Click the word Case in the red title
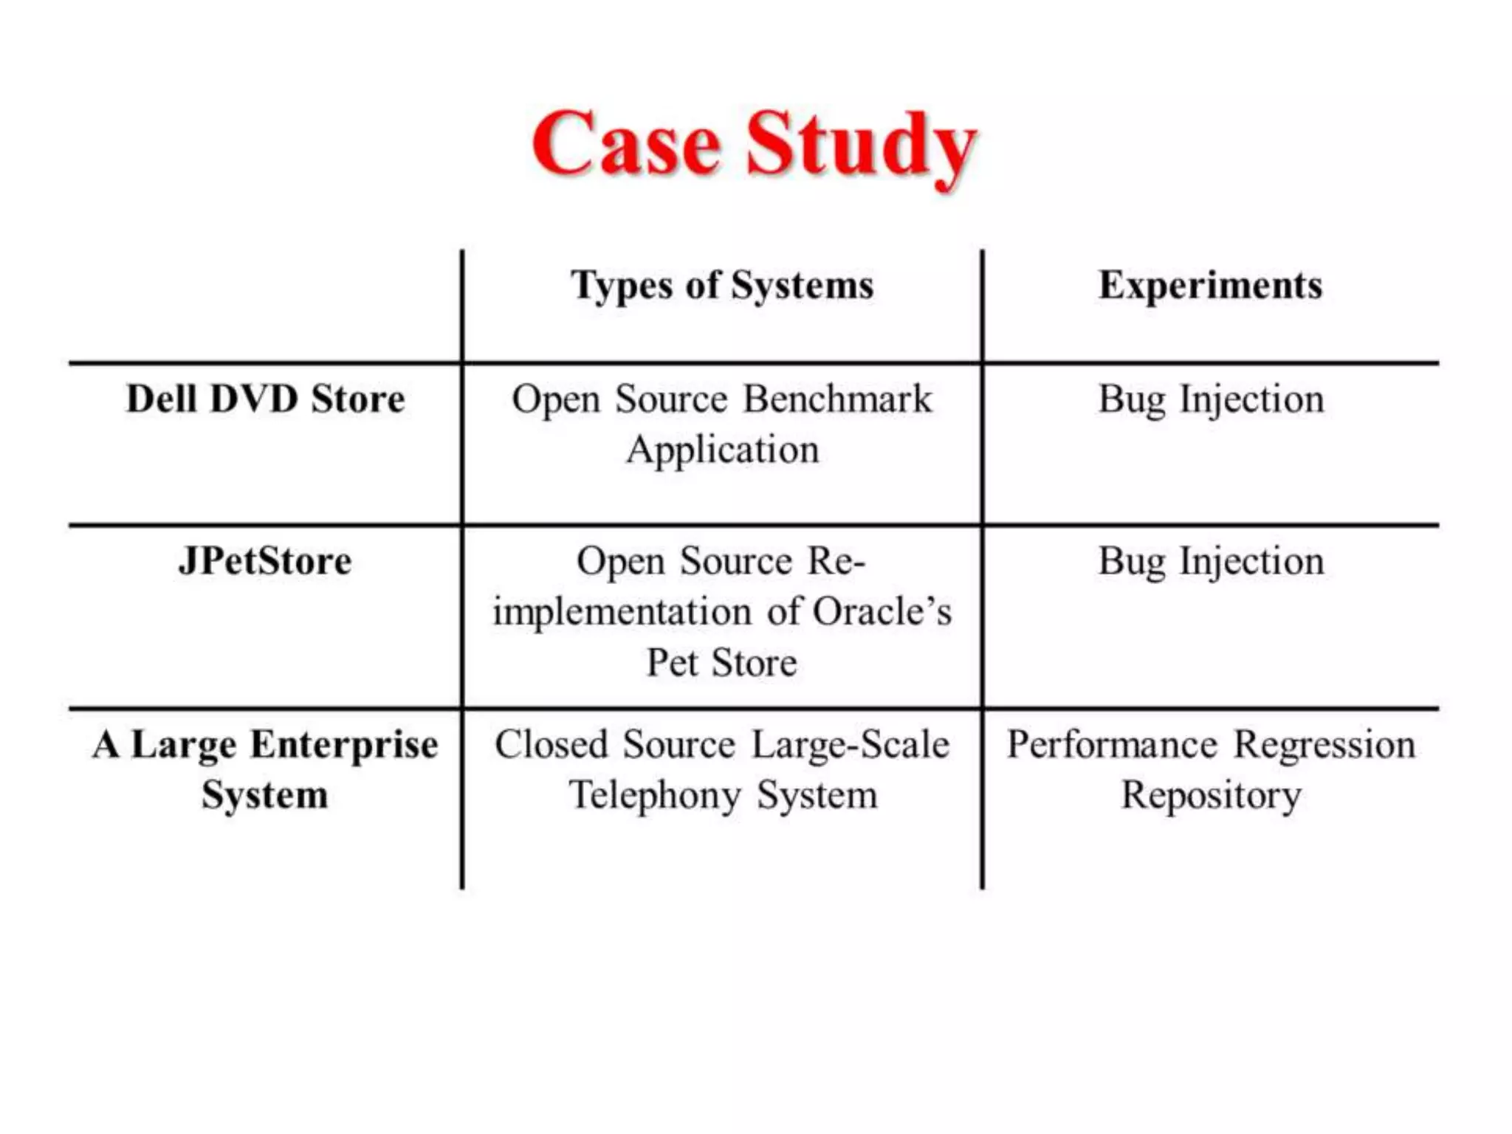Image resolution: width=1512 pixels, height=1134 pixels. click(x=626, y=144)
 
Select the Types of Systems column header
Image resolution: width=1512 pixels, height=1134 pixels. click(x=722, y=286)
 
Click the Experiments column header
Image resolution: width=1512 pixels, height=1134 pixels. click(x=1210, y=286)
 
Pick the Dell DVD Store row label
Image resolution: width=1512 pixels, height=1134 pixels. click(x=266, y=399)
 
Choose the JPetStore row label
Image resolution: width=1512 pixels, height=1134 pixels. click(x=265, y=561)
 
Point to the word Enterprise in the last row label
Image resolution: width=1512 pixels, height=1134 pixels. click(x=344, y=744)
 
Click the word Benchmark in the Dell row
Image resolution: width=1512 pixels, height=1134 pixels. click(x=837, y=399)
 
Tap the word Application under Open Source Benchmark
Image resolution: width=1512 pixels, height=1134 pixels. click(x=723, y=450)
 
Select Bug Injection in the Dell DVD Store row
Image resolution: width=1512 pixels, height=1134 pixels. click(x=1211, y=399)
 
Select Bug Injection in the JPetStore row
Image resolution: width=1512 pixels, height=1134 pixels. click(x=1211, y=561)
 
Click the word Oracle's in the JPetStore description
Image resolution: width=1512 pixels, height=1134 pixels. click(x=882, y=611)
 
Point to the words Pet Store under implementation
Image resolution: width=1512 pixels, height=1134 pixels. click(x=722, y=662)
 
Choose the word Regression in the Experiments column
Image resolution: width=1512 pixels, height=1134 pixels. click(x=1324, y=744)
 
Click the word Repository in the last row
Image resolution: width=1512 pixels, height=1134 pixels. click(x=1211, y=796)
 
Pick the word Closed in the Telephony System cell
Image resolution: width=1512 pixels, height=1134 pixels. click(x=550, y=744)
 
